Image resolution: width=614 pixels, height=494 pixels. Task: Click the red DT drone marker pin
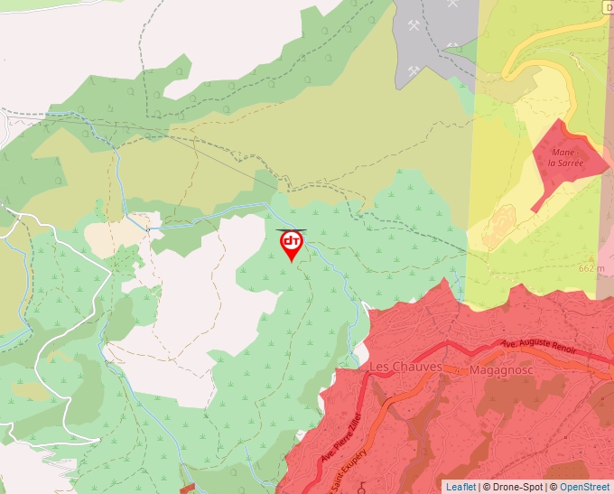[292, 245]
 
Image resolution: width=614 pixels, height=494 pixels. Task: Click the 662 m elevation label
[591, 268]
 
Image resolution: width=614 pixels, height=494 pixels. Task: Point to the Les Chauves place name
[405, 367]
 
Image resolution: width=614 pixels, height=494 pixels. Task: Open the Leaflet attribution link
[460, 487]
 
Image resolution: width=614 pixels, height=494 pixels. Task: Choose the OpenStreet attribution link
[585, 487]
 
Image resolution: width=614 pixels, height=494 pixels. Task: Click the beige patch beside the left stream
[112, 237]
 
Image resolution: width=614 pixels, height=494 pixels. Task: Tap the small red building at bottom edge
[188, 488]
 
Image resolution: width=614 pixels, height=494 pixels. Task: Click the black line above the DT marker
[291, 229]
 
